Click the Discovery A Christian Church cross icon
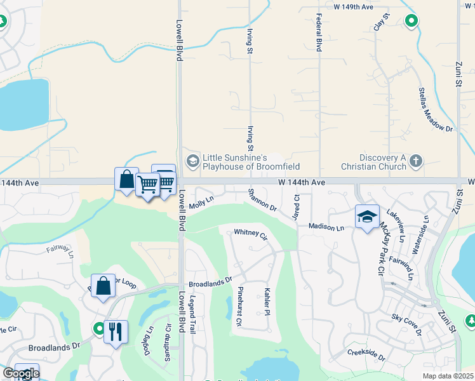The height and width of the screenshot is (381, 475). [x=416, y=160]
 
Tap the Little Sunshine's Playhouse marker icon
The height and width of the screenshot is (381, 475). [x=191, y=159]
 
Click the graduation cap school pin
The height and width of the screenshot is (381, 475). [x=367, y=217]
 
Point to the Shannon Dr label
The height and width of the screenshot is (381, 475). [x=262, y=199]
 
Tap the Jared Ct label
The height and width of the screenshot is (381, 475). [x=296, y=204]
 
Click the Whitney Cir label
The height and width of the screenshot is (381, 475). [x=251, y=234]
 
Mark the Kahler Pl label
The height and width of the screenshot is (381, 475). [x=267, y=300]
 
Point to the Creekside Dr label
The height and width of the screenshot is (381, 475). [x=366, y=354]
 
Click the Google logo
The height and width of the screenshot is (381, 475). [x=20, y=373]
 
